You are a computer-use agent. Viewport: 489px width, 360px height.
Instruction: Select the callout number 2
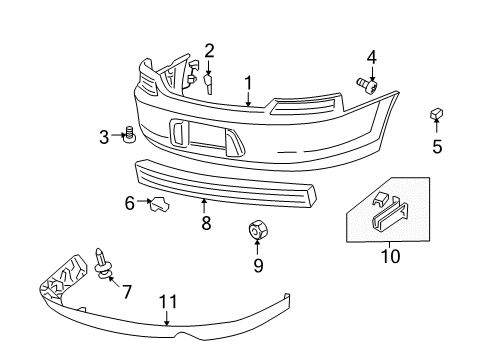pos(209,51)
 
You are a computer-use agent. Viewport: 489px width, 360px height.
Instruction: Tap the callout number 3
pos(103,136)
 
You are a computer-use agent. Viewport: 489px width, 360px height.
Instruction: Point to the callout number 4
pos(371,58)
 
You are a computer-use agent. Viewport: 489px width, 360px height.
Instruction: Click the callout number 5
pos(436,148)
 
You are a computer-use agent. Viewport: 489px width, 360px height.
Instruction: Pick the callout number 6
pos(129,204)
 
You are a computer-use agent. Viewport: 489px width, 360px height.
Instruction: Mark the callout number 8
pos(206,224)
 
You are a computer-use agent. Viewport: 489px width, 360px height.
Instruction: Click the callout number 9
pos(257,265)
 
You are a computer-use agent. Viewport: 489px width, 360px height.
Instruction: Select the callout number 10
pos(389,256)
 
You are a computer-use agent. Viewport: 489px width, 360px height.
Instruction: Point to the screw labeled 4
pos(366,87)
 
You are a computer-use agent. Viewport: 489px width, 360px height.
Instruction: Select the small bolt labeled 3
pos(129,135)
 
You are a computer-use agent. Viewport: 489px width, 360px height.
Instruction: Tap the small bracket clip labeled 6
pos(158,206)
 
